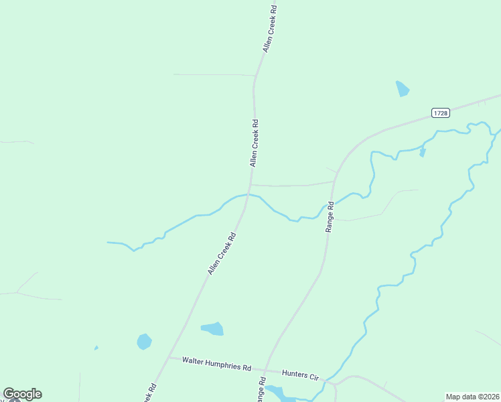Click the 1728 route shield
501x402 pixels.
click(440, 113)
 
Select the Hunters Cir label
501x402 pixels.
click(300, 375)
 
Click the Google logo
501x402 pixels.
click(22, 394)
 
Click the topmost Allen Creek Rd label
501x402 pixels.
click(270, 29)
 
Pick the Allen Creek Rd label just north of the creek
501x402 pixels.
click(254, 143)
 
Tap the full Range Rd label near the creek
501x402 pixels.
click(330, 217)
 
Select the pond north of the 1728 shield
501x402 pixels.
click(402, 88)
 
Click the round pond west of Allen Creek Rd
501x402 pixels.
click(144, 342)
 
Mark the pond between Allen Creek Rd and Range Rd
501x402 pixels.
click(213, 328)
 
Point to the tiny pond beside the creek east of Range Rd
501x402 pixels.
click(422, 152)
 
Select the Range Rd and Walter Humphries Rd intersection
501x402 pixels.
click(266, 370)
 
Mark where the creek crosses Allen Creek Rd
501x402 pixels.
click(248, 194)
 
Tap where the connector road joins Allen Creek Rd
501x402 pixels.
click(250, 184)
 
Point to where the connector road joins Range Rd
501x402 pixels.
click(334, 181)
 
